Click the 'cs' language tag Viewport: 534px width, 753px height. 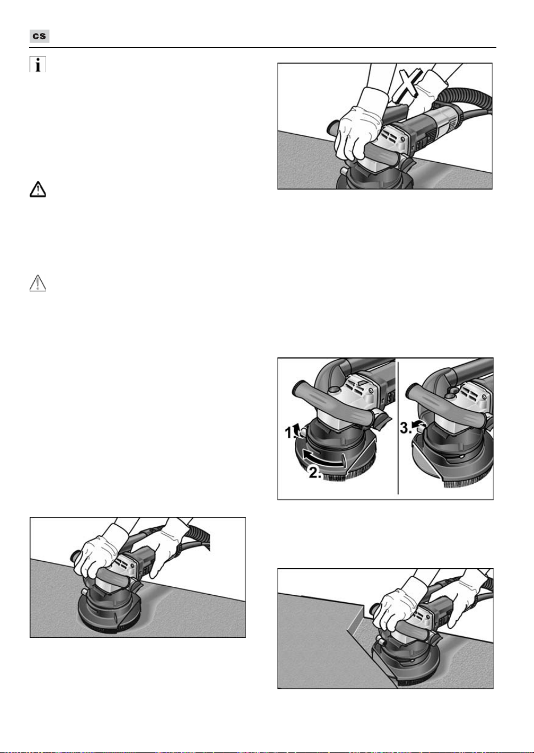[x=39, y=36]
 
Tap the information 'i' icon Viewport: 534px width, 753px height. [x=38, y=64]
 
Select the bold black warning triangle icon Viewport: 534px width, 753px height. [x=38, y=190]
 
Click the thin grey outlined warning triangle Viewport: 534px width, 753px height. [x=38, y=283]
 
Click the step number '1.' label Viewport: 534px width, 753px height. [x=290, y=433]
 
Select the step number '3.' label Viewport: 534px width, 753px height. [x=405, y=428]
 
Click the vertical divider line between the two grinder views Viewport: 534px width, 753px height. [x=398, y=428]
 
